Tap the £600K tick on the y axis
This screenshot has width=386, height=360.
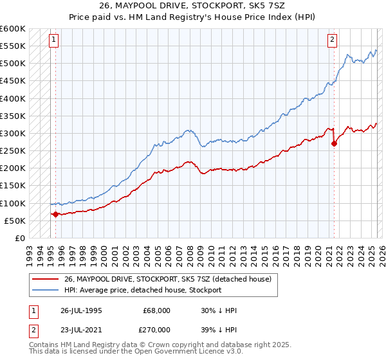click(14, 29)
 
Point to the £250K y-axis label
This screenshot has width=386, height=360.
click(14, 151)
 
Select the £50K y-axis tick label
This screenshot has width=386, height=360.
click(15, 221)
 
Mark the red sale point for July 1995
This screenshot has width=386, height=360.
click(55, 214)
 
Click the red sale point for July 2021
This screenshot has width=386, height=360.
click(334, 144)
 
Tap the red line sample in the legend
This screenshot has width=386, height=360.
click(45, 279)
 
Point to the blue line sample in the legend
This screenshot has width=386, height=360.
click(45, 290)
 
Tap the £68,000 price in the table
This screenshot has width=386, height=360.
click(156, 310)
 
